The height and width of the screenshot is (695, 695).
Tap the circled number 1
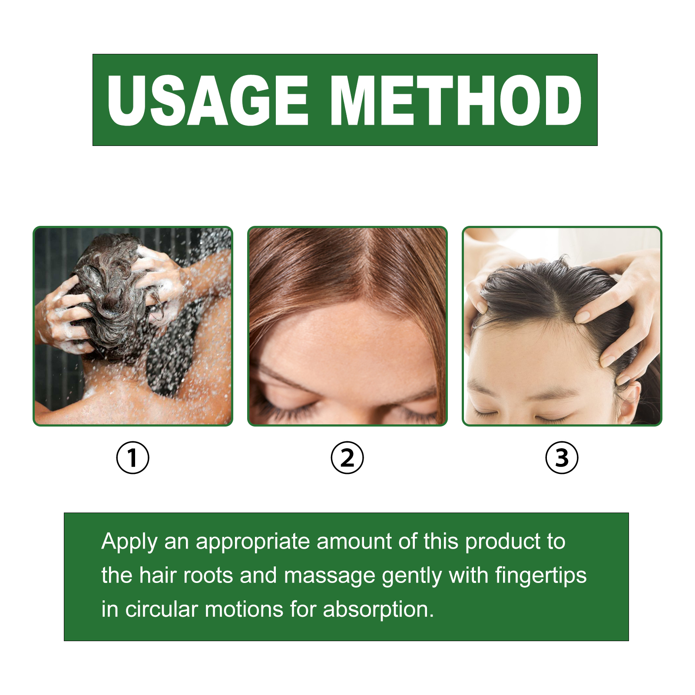132,457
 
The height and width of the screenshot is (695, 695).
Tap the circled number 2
347,457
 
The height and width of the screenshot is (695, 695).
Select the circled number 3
562,457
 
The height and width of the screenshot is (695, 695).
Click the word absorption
378,610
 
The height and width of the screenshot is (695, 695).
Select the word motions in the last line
244,609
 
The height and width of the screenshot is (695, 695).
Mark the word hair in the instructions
158,576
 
